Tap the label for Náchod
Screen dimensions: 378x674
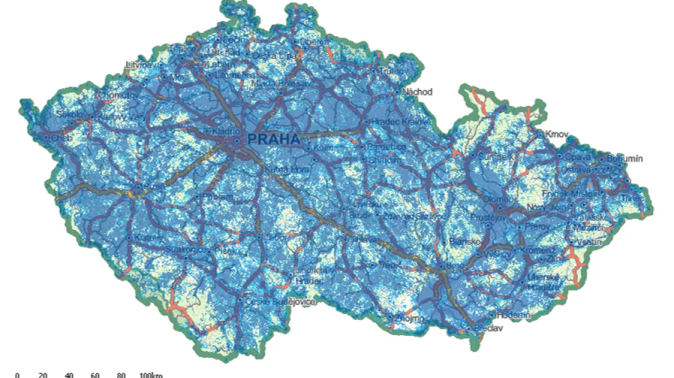(x=418, y=92)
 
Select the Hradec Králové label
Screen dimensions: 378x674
(x=400, y=122)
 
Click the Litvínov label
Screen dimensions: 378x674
(x=142, y=65)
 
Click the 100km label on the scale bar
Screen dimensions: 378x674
(x=151, y=375)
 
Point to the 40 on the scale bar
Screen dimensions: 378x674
(x=69, y=375)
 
